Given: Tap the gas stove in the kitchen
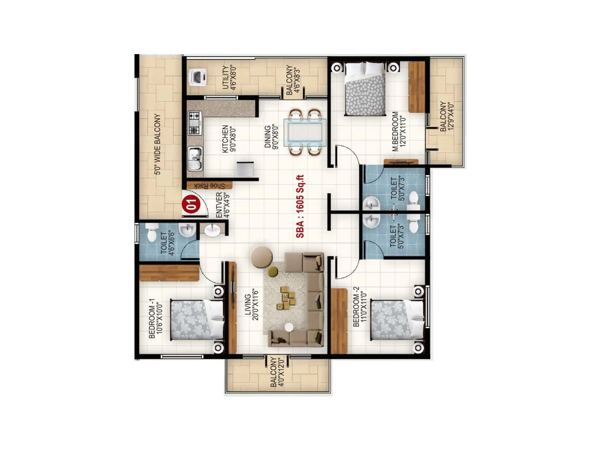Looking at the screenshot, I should tap(194, 123).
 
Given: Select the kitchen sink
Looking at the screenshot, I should tap(195, 159).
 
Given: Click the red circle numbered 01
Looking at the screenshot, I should tap(191, 204).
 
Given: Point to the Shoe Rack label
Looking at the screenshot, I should tap(210, 186).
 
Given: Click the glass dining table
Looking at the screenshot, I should tap(305, 132).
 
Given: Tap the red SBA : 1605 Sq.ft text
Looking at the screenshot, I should tap(300, 206).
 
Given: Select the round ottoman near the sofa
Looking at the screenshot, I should tap(261, 257).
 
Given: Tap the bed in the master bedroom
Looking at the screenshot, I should tap(365, 89).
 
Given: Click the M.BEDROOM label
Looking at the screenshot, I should tap(395, 132).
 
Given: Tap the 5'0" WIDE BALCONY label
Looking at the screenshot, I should tap(157, 144).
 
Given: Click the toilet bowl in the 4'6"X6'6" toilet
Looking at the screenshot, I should tap(152, 233).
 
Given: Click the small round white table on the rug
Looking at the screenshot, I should tap(289, 327).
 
